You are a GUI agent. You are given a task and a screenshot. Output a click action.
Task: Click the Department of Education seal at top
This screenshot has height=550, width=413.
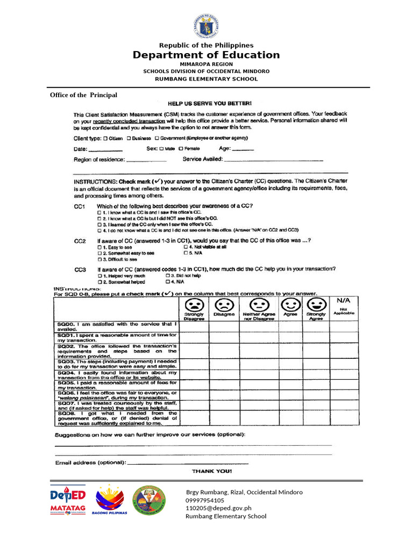206,25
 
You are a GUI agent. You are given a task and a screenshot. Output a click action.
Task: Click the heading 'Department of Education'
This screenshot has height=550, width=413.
206,55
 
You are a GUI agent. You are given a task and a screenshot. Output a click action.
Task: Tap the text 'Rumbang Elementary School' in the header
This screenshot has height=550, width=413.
206,79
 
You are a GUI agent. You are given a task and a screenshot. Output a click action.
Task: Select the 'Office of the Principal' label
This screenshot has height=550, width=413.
83,95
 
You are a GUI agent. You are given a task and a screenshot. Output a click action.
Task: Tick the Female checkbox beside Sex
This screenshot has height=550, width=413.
181,148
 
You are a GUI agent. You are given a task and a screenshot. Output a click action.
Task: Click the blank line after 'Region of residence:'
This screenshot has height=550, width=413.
146,160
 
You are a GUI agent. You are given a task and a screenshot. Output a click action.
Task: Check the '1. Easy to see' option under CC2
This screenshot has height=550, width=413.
99,247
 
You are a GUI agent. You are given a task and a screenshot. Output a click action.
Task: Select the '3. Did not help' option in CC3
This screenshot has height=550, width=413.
168,276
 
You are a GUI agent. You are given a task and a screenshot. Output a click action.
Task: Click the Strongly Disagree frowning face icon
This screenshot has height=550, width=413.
194,304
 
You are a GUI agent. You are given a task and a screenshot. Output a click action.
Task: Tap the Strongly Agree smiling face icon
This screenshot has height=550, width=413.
316,304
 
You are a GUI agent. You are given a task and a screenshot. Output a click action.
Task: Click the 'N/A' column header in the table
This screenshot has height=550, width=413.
344,300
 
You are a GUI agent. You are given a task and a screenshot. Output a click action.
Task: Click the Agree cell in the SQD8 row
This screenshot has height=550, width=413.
290,417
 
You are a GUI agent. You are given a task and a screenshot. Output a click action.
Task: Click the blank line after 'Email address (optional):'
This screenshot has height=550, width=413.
188,462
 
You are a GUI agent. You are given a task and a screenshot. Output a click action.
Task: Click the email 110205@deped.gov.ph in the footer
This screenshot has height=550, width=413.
219,508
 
